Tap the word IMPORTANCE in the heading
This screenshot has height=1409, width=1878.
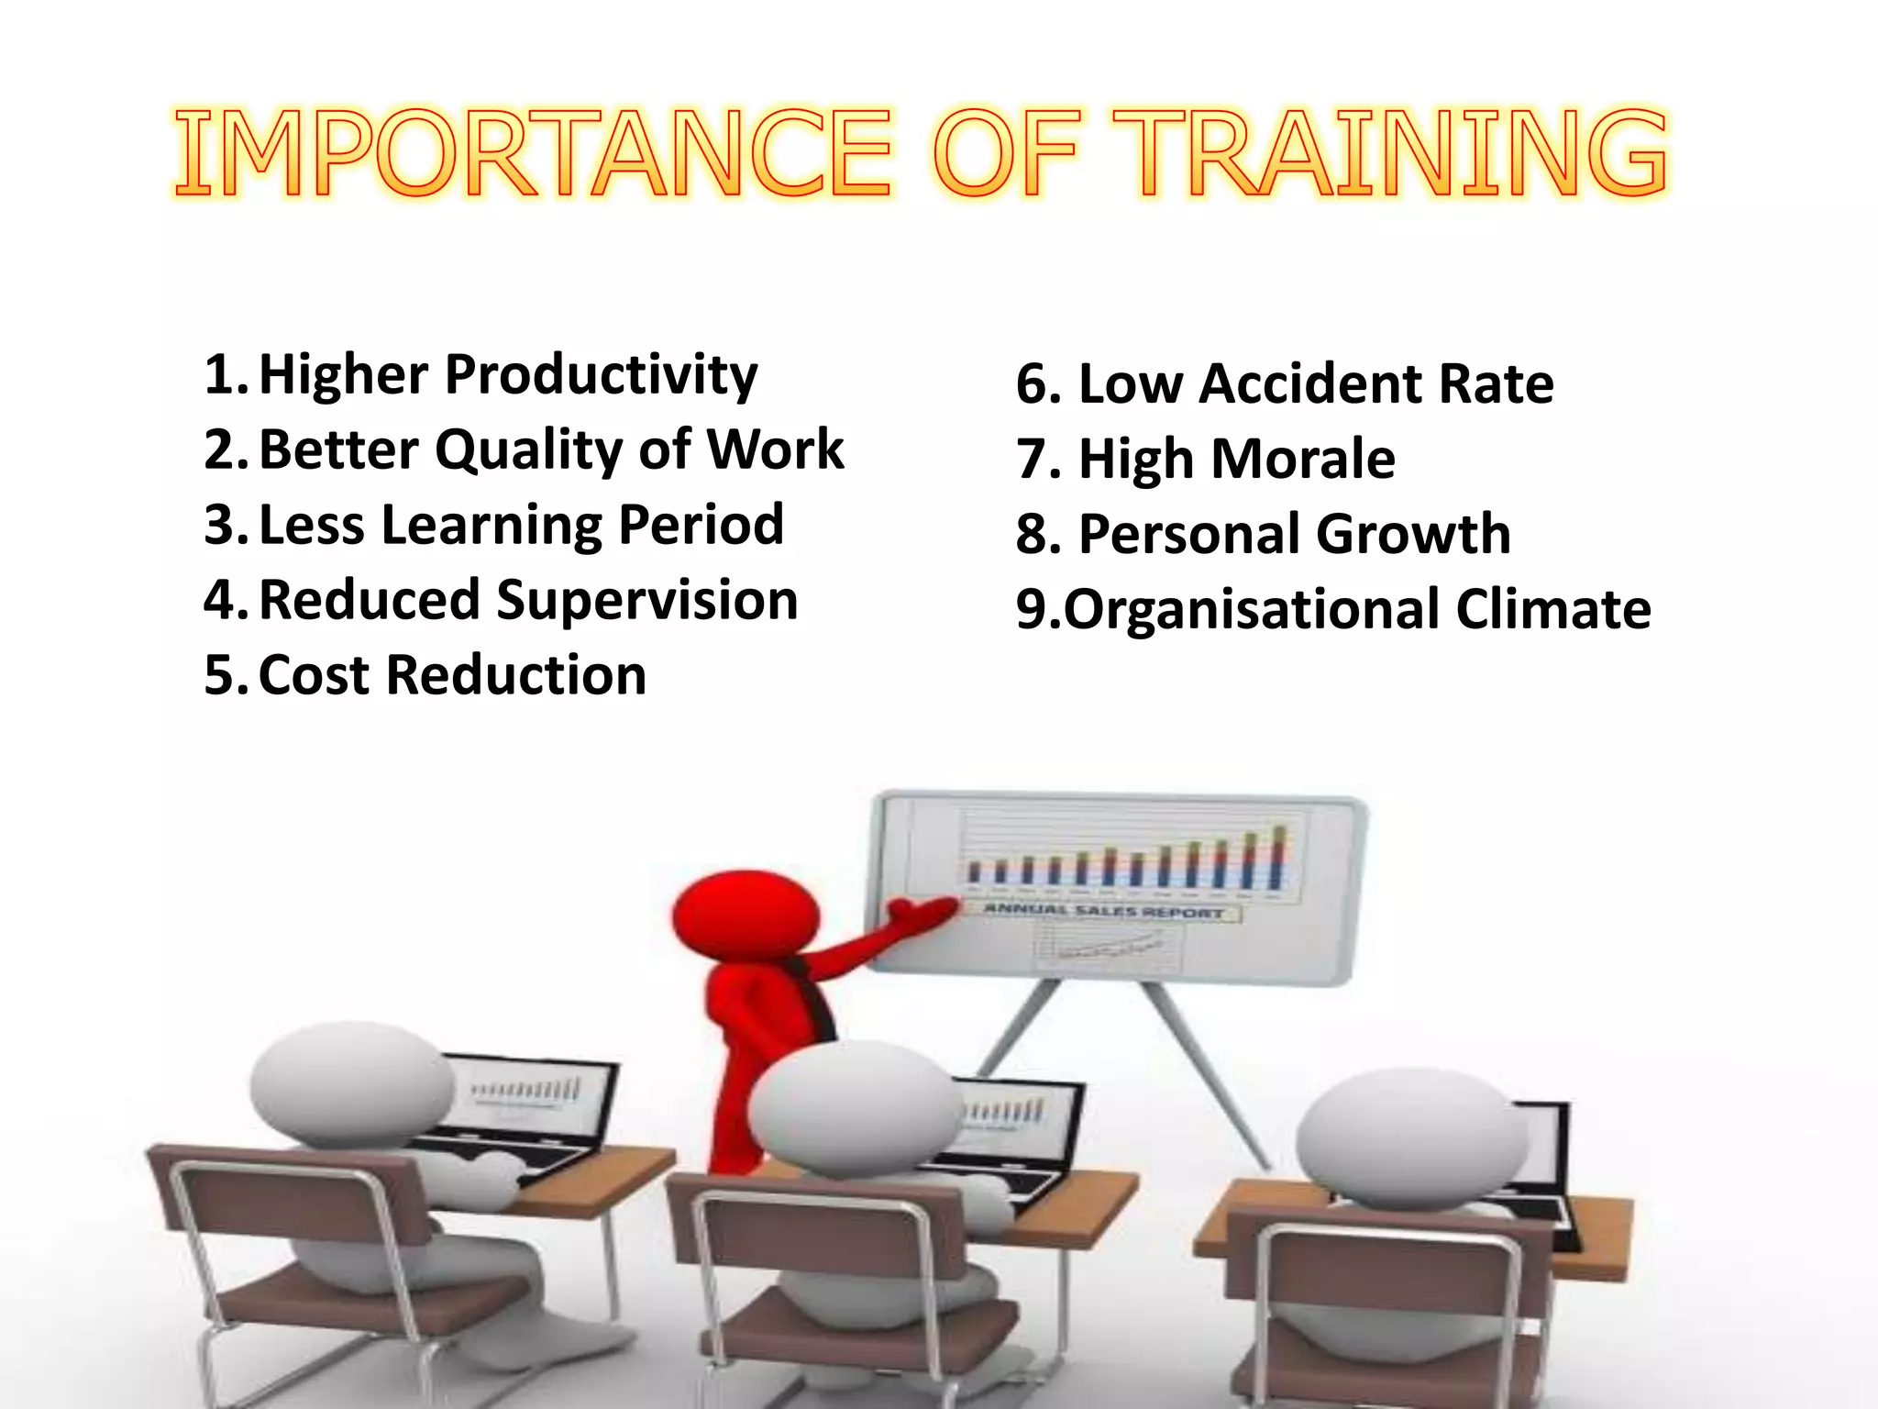(x=532, y=152)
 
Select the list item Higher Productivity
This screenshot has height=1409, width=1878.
(x=507, y=375)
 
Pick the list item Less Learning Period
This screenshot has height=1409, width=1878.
(x=521, y=526)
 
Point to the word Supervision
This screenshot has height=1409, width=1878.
(x=646, y=601)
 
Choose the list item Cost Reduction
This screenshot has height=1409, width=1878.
(x=452, y=676)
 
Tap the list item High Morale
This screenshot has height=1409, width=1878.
(x=1236, y=459)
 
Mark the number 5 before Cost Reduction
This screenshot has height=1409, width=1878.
(x=220, y=676)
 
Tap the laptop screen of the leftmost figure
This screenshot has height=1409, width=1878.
(x=532, y=1096)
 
